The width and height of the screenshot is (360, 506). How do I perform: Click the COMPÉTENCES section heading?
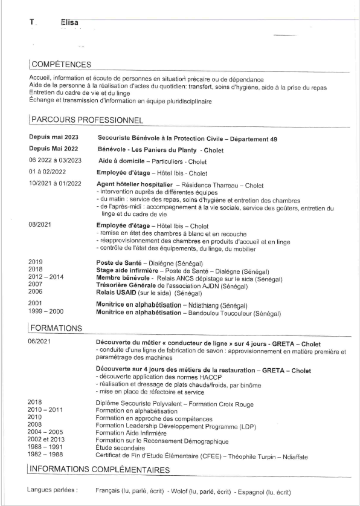(x=61, y=64)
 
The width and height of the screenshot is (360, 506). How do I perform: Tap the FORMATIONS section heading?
(x=56, y=328)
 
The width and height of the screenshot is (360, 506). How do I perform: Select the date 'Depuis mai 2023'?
(x=54, y=138)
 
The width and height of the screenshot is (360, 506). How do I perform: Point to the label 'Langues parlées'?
(x=53, y=490)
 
